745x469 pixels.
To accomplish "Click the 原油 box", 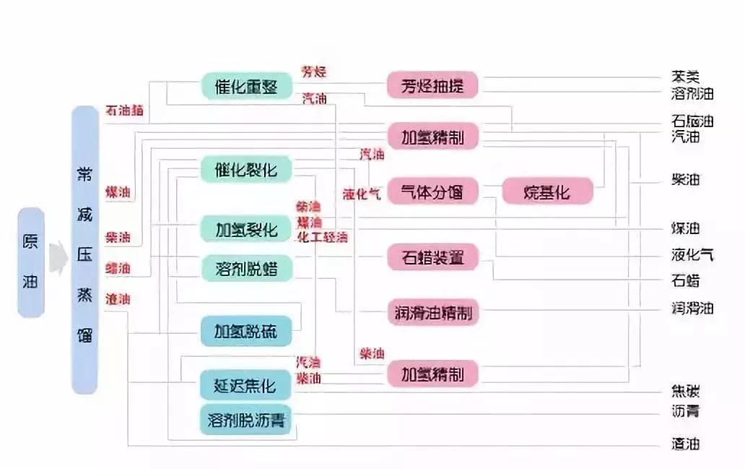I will (31, 262).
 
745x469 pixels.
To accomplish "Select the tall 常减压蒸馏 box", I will (84, 250).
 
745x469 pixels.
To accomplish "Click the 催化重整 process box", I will (246, 87).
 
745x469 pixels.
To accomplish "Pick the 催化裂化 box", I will (245, 170).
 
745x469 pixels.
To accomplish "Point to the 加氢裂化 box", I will (245, 230).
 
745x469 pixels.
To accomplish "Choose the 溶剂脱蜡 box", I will (245, 269).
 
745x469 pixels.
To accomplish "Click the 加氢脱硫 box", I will (245, 332).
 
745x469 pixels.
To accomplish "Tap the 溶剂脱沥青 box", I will (245, 420).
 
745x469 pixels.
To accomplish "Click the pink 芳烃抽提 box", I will (432, 85).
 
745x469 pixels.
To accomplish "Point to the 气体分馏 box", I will (432, 192).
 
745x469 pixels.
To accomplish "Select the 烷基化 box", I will (546, 192).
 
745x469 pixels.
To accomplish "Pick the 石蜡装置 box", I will (432, 257).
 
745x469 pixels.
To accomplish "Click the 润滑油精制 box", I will (432, 313).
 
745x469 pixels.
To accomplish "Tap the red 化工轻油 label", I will (322, 237).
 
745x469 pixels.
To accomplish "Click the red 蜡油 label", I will (118, 268).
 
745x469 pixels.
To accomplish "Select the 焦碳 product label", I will (685, 392).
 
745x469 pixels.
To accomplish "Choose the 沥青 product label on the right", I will (685, 412).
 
